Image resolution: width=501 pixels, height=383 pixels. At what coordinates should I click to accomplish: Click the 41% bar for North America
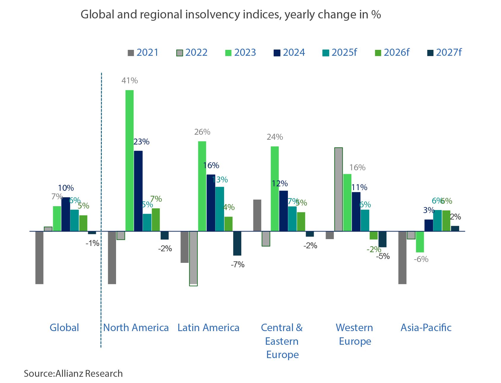pyautogui.click(x=129, y=160)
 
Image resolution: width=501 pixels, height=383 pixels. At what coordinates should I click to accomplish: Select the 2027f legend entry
pyautogui.click(x=444, y=53)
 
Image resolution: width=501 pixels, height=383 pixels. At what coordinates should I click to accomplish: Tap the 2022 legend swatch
pyautogui.click(x=179, y=53)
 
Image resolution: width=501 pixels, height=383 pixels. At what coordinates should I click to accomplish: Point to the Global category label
pyautogui.click(x=64, y=328)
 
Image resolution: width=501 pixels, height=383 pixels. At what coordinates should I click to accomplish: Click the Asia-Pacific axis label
pyautogui.click(x=426, y=328)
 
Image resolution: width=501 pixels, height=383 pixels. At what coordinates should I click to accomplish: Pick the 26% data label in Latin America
pyautogui.click(x=202, y=132)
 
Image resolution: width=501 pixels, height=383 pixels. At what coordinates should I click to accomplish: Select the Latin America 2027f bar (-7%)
pyautogui.click(x=237, y=243)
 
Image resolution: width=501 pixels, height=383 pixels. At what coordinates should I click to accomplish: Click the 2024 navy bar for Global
pyautogui.click(x=66, y=214)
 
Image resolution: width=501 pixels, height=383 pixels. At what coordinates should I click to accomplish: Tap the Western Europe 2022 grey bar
pyautogui.click(x=338, y=189)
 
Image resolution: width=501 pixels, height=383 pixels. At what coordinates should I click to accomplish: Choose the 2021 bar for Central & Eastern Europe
pyautogui.click(x=257, y=215)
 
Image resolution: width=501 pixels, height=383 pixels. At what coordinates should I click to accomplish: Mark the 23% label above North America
pyautogui.click(x=141, y=142)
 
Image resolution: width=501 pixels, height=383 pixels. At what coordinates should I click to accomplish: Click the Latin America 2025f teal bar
pyautogui.click(x=220, y=209)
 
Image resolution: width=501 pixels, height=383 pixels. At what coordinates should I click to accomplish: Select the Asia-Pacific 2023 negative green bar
pyautogui.click(x=420, y=241)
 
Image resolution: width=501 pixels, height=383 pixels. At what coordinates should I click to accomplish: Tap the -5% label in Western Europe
pyautogui.click(x=383, y=256)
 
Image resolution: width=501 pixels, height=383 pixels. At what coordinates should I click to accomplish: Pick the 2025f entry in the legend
pyautogui.click(x=340, y=53)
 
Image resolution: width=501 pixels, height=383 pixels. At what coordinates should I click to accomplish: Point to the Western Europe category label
pyautogui.click(x=355, y=334)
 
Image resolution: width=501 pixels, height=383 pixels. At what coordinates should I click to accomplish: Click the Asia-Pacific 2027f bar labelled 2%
pyautogui.click(x=455, y=228)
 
